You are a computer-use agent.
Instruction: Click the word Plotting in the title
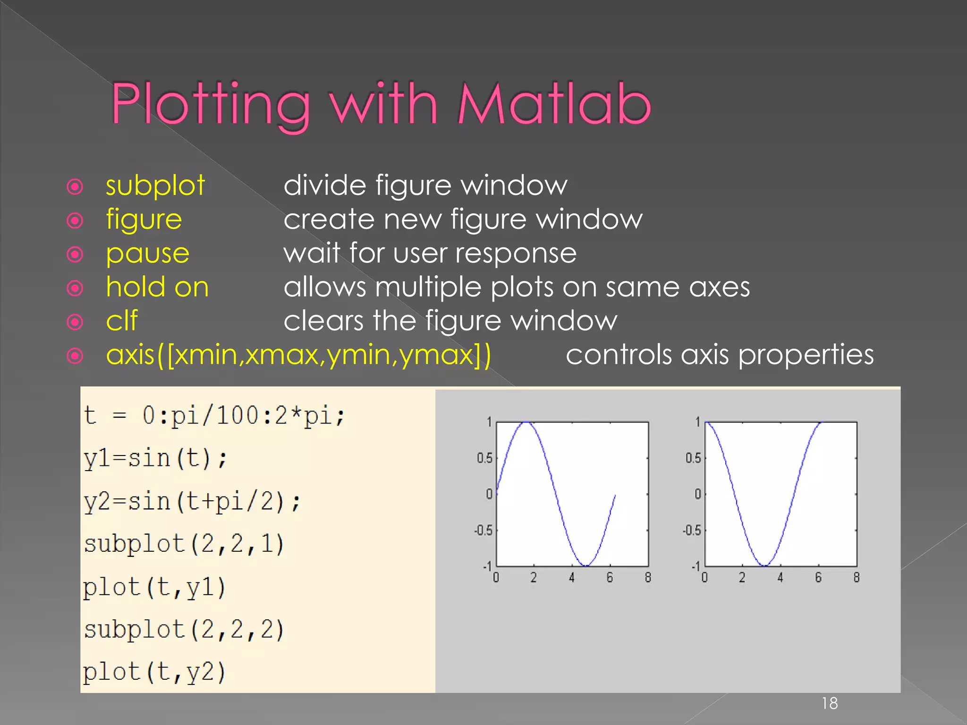pyautogui.click(x=211, y=105)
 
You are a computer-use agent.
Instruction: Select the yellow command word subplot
pyautogui.click(x=155, y=185)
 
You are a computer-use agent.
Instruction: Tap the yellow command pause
pyautogui.click(x=148, y=253)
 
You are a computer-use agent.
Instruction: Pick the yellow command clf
pyautogui.click(x=122, y=321)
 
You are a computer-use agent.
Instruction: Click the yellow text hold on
pyautogui.click(x=157, y=287)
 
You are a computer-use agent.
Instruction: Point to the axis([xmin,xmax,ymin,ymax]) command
pyautogui.click(x=298, y=355)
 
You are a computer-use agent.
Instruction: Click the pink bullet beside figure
pyautogui.click(x=75, y=220)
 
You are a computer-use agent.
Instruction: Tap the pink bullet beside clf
pyautogui.click(x=75, y=322)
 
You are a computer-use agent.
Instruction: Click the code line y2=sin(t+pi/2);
pyautogui.click(x=192, y=501)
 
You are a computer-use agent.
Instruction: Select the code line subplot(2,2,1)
pyautogui.click(x=184, y=544)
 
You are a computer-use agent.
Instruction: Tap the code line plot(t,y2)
pyautogui.click(x=154, y=672)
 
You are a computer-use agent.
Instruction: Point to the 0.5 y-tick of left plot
pyautogui.click(x=484, y=458)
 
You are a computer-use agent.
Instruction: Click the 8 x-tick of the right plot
pyautogui.click(x=856, y=577)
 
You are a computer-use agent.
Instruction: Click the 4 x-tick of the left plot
pyautogui.click(x=572, y=577)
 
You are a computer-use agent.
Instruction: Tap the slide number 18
pyautogui.click(x=830, y=703)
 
